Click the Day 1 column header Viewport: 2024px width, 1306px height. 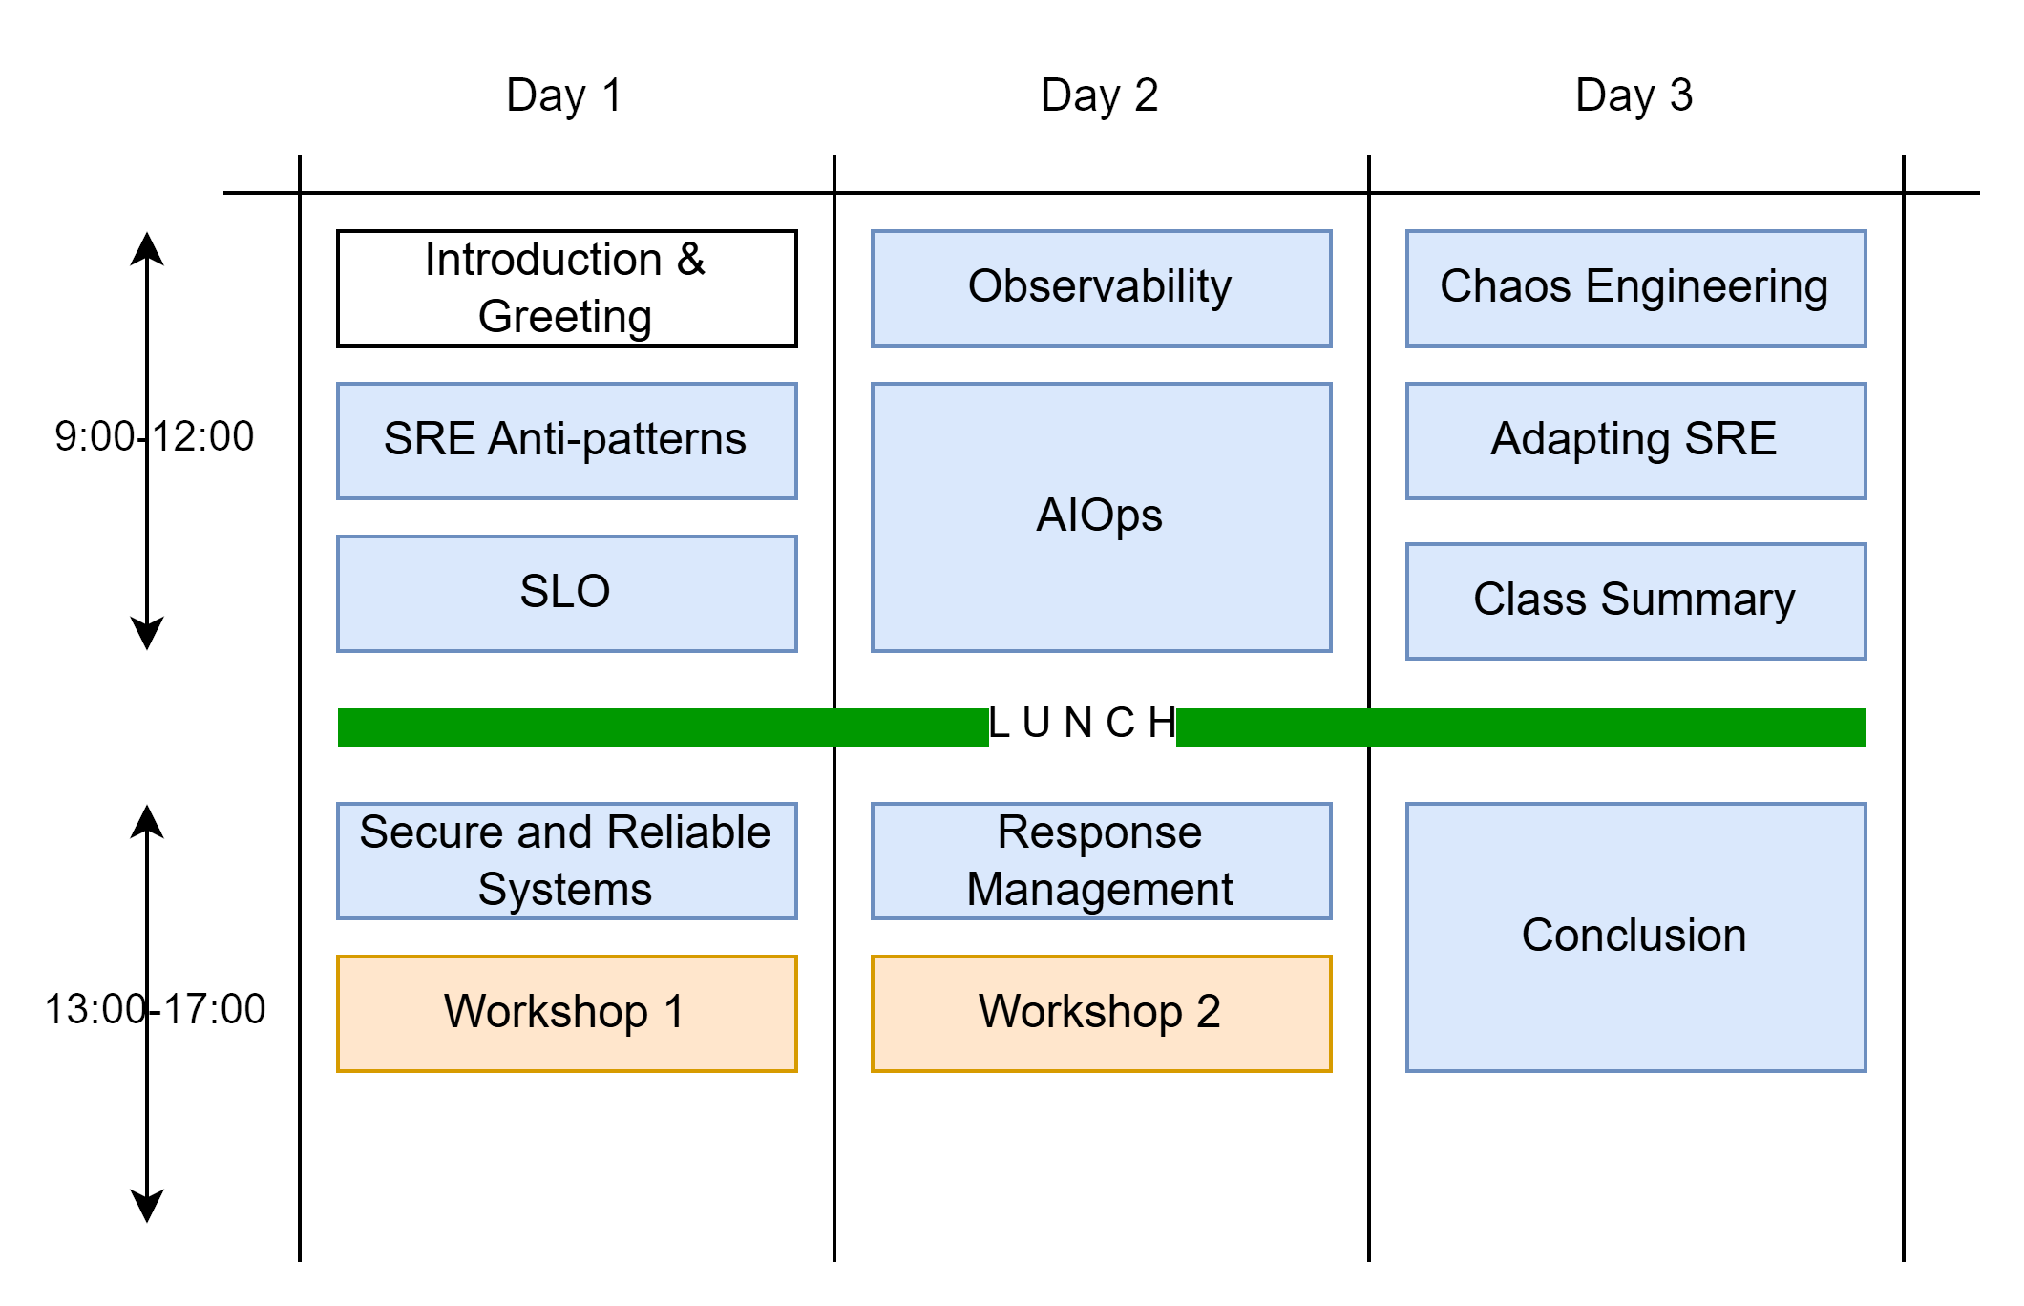tap(564, 95)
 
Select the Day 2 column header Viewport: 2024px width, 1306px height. tap(1099, 95)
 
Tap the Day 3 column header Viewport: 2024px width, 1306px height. tap(1634, 95)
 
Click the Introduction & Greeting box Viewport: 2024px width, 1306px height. tap(567, 288)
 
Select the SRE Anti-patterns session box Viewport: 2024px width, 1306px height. tap(567, 441)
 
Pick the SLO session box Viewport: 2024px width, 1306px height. tap(567, 594)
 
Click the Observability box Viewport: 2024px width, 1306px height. tap(1102, 288)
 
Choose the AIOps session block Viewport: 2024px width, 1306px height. tap(1102, 517)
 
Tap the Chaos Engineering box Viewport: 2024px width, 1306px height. tap(1636, 288)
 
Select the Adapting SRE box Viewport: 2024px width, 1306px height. tap(1636, 441)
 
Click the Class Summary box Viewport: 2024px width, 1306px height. tap(1636, 601)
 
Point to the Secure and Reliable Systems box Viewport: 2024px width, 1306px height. tap(567, 861)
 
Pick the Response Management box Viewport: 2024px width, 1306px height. tap(1102, 861)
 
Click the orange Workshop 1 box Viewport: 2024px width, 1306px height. tap(567, 1014)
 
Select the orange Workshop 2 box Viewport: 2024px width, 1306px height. tap(1102, 1014)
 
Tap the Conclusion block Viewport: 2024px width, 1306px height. tap(1636, 937)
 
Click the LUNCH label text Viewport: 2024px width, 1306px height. tap(1083, 724)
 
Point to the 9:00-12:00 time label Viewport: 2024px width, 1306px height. tap(155, 436)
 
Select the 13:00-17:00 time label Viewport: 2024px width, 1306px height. tap(155, 1009)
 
